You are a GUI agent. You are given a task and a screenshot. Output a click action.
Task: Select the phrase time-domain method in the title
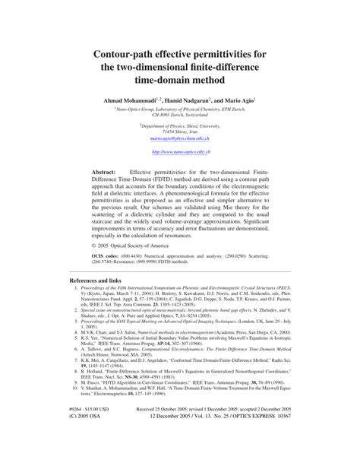pos(180,80)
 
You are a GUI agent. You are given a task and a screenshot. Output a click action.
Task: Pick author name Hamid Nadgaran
pos(203,101)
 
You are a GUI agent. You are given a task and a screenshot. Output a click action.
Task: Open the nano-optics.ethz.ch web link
pos(180,152)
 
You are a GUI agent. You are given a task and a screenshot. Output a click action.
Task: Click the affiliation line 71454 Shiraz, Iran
pos(180,132)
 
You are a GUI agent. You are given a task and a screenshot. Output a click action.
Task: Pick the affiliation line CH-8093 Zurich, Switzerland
pos(180,115)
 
